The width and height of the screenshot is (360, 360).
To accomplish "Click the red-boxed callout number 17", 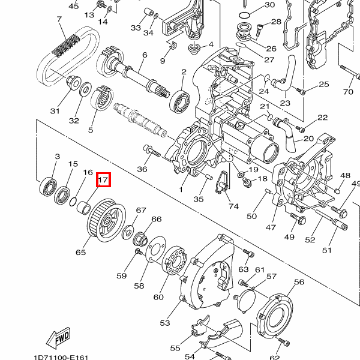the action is tap(103, 179).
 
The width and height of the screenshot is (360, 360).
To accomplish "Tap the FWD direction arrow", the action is tap(58, 338).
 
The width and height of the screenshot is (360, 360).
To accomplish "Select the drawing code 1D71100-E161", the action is tap(61, 357).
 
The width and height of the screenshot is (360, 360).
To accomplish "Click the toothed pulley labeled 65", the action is tap(107, 220).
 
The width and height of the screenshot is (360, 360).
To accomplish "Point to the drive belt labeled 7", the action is tap(68, 56).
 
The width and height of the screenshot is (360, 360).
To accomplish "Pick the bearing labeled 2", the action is tap(180, 102).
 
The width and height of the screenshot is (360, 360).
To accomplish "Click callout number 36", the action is tap(142, 169).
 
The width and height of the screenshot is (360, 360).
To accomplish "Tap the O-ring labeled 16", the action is tap(73, 202).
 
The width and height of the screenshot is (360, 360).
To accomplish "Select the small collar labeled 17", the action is tap(83, 208).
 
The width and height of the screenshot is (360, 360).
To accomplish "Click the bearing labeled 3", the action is tap(48, 187).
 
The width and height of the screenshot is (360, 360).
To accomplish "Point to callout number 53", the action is tap(165, 323).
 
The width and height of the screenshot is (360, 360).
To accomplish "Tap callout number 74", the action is tap(233, 206).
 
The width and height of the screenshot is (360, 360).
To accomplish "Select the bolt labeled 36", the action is tap(152, 151).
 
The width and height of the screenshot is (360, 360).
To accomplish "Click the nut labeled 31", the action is tap(73, 83).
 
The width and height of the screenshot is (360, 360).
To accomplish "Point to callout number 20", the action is tap(308, 139).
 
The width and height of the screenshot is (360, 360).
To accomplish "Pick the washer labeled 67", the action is tap(128, 232).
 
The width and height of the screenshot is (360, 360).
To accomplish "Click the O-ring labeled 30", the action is tap(244, 16).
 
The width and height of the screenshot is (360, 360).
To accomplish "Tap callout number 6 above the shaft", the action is tap(145, 55).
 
